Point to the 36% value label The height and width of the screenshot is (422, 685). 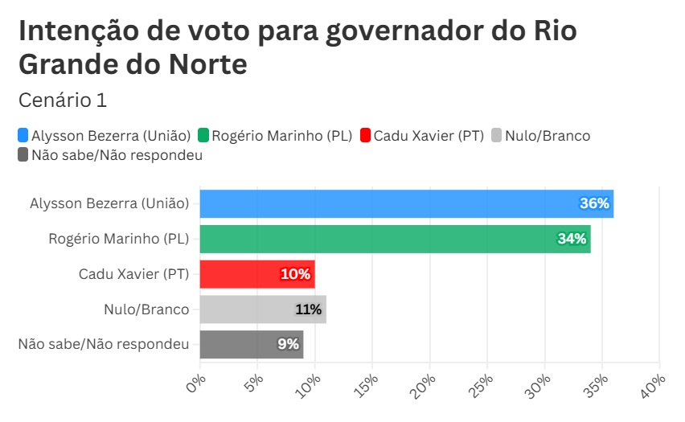595,204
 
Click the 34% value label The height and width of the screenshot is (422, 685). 572,239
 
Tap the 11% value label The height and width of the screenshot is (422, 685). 308,309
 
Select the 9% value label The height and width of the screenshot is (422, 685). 288,344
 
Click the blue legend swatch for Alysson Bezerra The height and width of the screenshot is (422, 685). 23,136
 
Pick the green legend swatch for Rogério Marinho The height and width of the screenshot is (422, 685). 204,136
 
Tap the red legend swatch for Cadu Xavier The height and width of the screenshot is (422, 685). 366,136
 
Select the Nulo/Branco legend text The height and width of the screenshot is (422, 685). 548,136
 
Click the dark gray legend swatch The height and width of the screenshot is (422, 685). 23,155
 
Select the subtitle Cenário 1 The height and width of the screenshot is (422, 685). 62,100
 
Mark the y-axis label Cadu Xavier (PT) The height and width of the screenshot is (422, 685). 133,274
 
